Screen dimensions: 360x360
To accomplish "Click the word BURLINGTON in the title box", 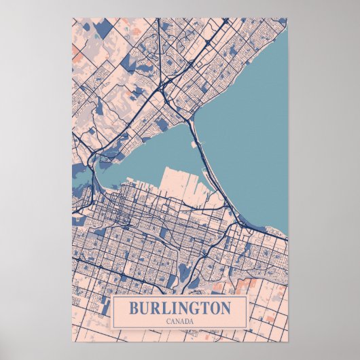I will (x=179, y=307).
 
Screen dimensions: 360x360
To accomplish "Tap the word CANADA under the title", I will (x=179, y=321).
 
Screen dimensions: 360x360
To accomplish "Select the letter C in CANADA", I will (x=168, y=321).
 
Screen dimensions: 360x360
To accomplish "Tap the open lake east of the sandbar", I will (x=251, y=136).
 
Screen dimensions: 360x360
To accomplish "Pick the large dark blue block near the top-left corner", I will (x=103, y=29).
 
